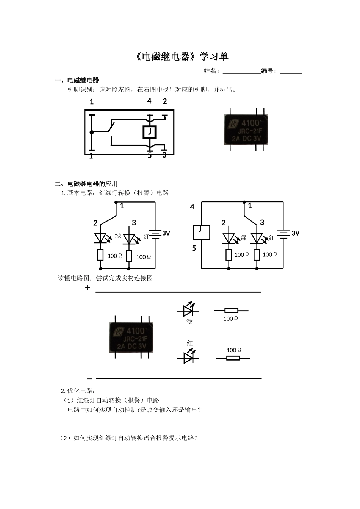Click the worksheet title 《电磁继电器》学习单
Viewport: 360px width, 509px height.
click(x=182, y=57)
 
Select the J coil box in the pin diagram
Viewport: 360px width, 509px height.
click(x=150, y=132)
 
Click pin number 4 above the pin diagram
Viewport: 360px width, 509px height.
click(x=149, y=101)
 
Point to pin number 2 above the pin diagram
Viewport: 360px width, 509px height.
click(x=165, y=101)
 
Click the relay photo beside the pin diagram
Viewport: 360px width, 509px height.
click(x=246, y=130)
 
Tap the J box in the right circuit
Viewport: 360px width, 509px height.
click(x=201, y=231)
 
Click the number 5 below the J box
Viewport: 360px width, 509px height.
click(x=194, y=249)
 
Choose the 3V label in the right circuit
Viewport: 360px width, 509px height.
click(x=296, y=233)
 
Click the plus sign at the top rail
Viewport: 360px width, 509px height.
click(x=88, y=288)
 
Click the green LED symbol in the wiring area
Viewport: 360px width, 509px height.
click(x=188, y=310)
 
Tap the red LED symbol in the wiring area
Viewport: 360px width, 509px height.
click(x=188, y=357)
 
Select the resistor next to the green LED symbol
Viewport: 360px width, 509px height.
click(x=231, y=310)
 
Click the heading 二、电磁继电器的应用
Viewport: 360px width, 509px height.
click(x=86, y=184)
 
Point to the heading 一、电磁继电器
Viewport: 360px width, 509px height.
click(x=77, y=80)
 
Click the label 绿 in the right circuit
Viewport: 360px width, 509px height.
click(x=244, y=238)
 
